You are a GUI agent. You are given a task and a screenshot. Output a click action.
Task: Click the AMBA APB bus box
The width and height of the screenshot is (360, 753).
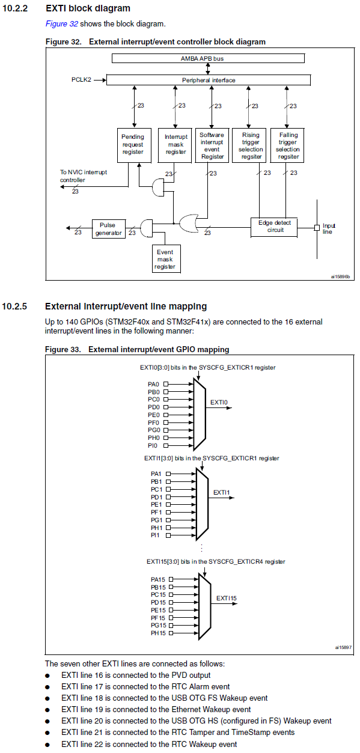pos(208,58)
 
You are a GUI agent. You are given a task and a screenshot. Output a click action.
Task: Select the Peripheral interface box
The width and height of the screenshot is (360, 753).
pos(209,80)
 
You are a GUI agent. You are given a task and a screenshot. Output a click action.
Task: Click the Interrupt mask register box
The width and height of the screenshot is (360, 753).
pos(175,145)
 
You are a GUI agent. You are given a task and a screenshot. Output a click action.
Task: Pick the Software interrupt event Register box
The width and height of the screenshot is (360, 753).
pos(212,145)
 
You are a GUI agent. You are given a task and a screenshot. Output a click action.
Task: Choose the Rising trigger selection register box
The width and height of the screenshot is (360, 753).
pos(249,145)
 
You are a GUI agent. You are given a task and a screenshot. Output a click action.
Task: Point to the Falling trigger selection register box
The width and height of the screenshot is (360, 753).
pos(287,145)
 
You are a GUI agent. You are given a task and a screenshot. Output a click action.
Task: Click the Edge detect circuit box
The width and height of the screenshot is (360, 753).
pos(274,227)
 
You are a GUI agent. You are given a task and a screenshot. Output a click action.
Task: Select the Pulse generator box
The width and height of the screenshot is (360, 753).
pos(109,229)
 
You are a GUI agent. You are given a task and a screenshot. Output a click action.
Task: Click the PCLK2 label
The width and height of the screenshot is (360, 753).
pos(81,80)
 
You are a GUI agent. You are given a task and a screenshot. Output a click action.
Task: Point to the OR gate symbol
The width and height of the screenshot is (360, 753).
pos(189,223)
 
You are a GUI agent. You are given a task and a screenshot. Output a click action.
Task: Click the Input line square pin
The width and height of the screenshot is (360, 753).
pos(317,228)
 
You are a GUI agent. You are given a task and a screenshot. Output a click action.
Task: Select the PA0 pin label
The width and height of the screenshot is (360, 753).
pos(153,384)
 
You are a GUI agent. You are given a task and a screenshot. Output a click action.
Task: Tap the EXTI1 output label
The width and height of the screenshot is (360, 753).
pos(222,492)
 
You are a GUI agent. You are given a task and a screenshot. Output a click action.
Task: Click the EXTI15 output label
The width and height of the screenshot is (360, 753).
pos(227,599)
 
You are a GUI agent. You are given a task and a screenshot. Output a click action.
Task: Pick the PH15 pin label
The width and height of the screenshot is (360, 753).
pos(158,633)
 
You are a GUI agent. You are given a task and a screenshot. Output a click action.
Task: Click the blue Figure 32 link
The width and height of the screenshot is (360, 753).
pos(62,24)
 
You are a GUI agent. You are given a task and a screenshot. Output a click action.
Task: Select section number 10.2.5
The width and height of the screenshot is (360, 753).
pos(14,306)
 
